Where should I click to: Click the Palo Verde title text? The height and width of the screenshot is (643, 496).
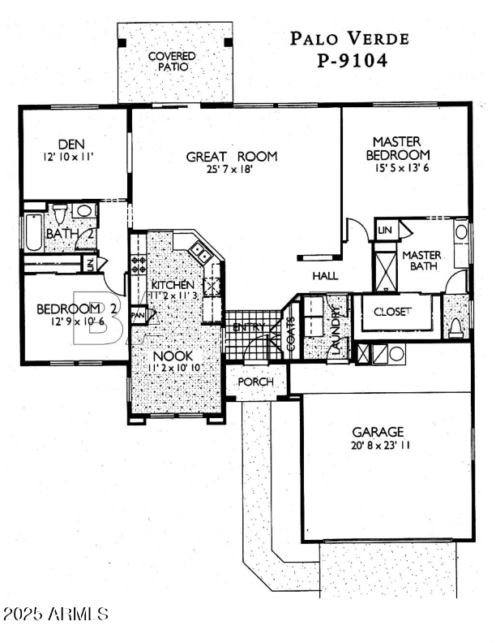(x=350, y=37)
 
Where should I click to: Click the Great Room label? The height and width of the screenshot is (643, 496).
(x=232, y=157)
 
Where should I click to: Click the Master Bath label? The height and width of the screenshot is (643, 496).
(x=421, y=260)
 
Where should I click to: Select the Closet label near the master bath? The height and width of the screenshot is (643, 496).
(x=392, y=312)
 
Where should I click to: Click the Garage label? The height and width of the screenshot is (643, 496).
(x=378, y=432)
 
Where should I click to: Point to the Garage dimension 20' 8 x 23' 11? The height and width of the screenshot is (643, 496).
(x=378, y=446)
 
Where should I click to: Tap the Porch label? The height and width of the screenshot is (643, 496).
(x=256, y=382)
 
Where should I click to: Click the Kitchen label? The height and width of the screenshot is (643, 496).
(x=173, y=285)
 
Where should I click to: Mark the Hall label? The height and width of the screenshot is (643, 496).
(x=325, y=276)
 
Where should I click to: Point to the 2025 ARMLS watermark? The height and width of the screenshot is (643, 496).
(x=57, y=613)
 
